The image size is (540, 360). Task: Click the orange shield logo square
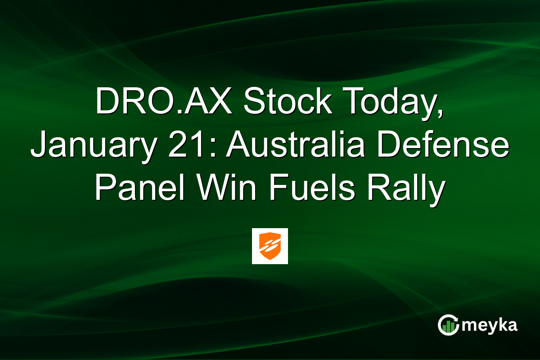tap(270, 246)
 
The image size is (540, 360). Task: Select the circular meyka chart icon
tap(449, 325)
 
